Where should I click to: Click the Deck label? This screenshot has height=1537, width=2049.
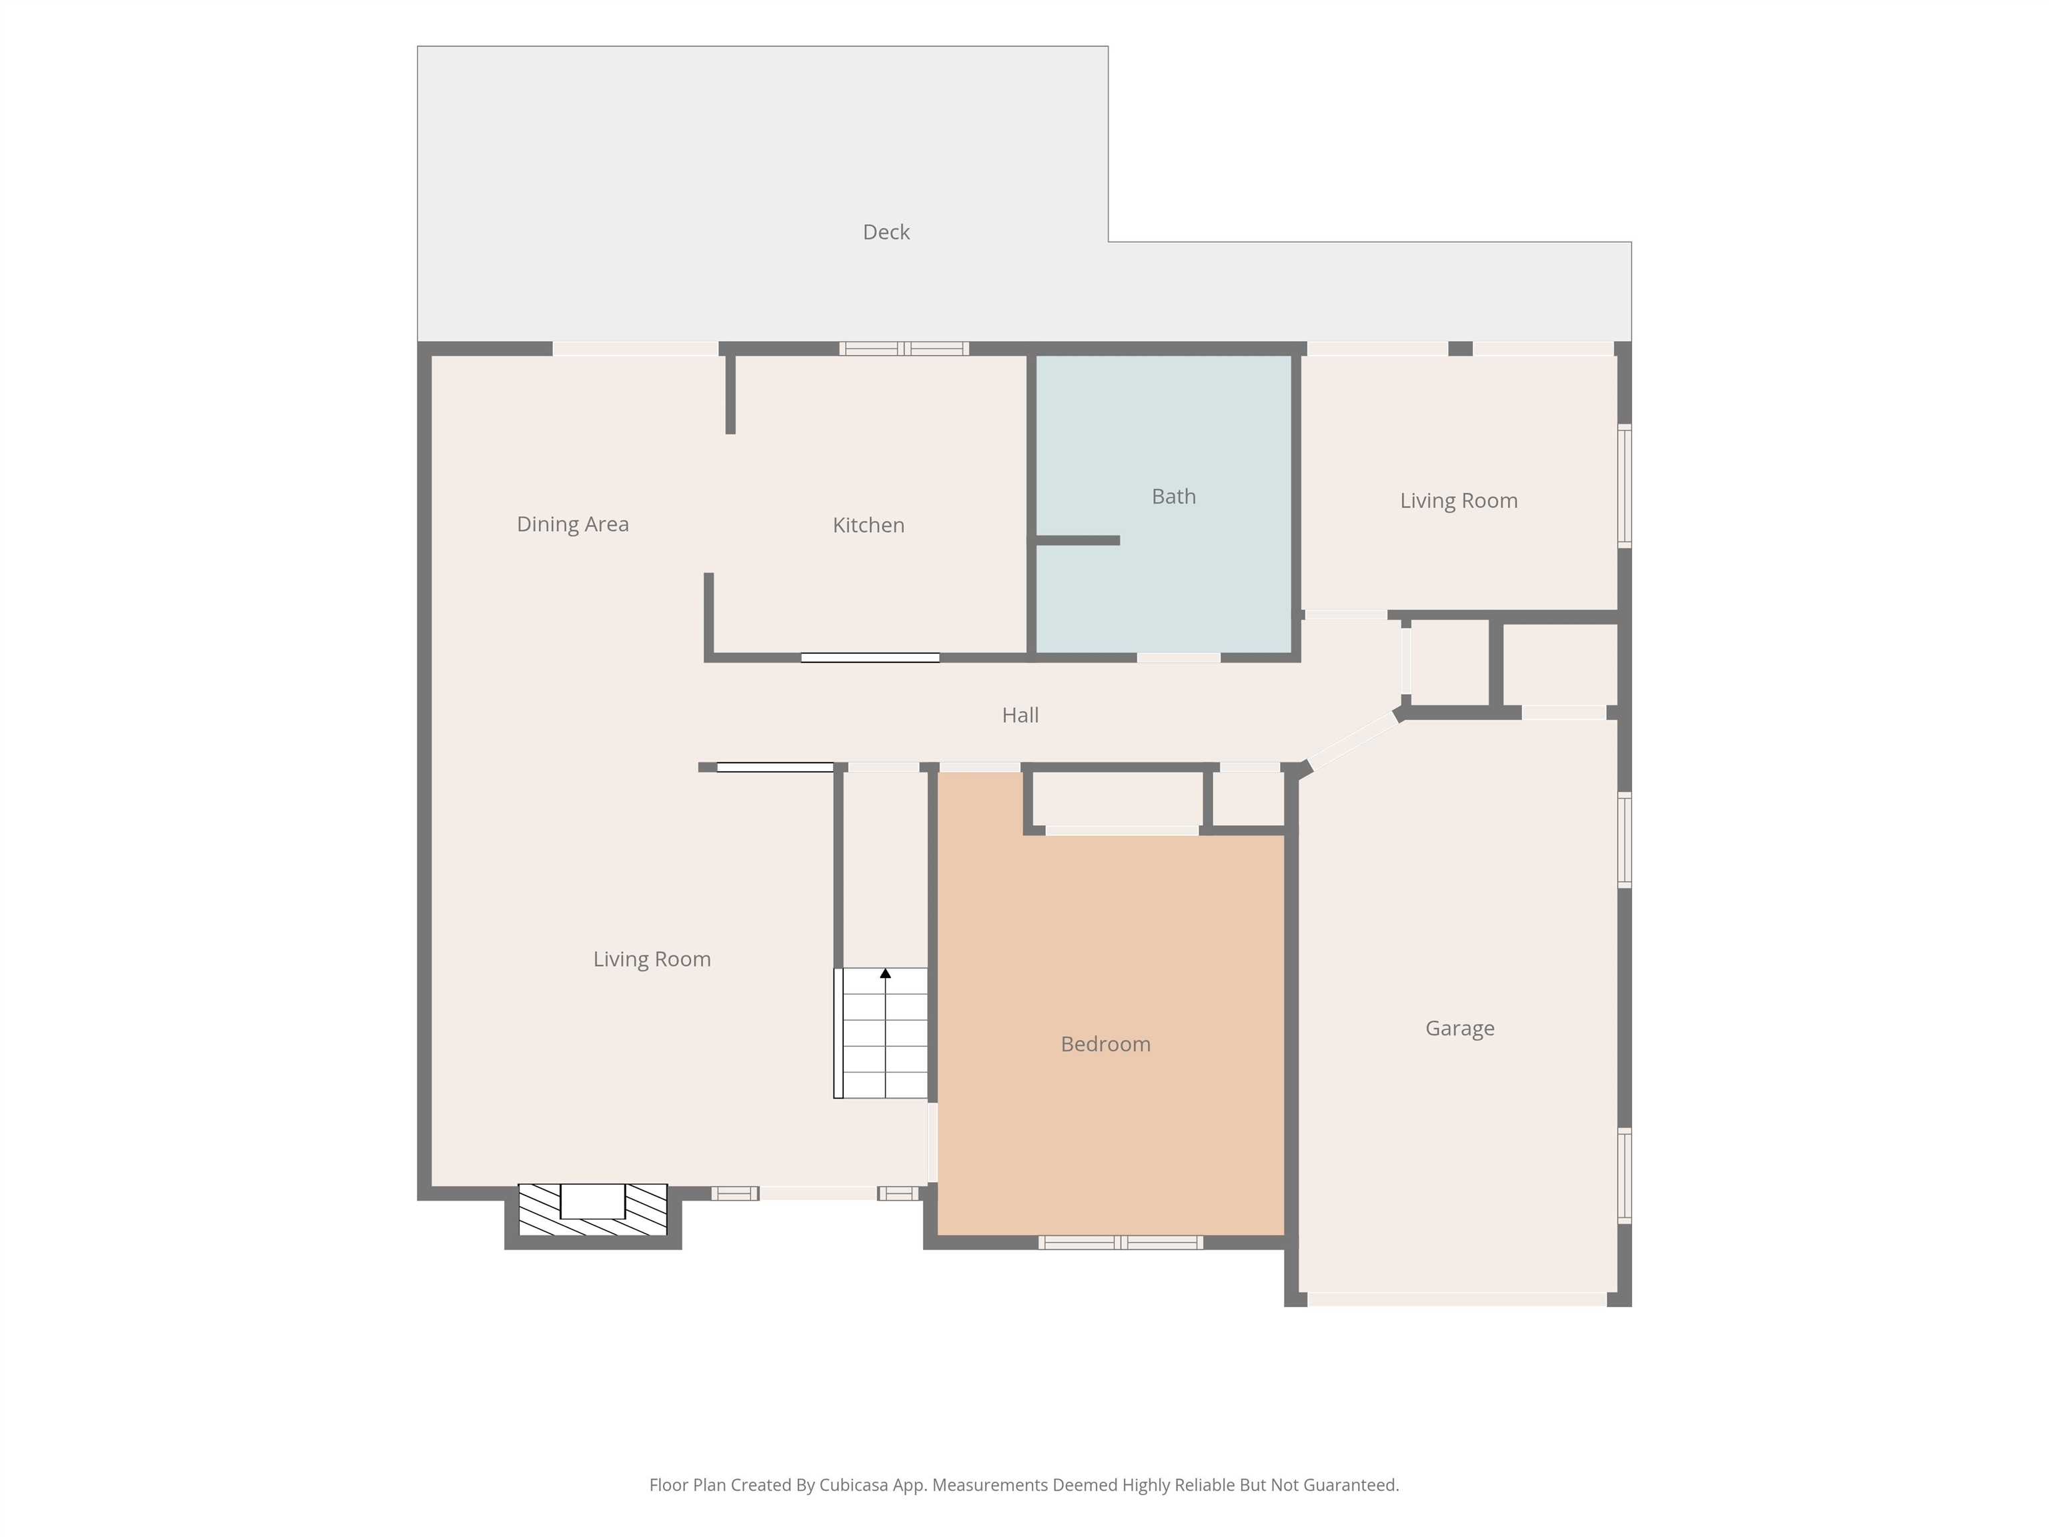tap(886, 233)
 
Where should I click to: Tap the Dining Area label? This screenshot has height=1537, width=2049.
tap(572, 524)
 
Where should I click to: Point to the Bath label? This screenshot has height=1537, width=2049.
tap(1174, 496)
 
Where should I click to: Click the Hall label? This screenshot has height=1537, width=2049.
tap(1020, 715)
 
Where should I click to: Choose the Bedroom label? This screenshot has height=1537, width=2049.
tap(1105, 1044)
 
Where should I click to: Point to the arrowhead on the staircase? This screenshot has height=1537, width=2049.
tap(886, 973)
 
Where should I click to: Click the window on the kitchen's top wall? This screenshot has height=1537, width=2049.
tap(904, 348)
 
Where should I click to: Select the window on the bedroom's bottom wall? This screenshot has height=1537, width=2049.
tap(1121, 1242)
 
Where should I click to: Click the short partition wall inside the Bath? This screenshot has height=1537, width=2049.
tap(1077, 540)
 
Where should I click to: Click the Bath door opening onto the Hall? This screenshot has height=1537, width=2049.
tap(1179, 658)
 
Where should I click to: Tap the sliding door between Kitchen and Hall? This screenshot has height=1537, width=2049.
tap(870, 658)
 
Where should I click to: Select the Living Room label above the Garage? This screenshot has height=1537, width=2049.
tap(1458, 501)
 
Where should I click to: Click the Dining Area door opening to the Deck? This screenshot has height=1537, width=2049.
tap(636, 348)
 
